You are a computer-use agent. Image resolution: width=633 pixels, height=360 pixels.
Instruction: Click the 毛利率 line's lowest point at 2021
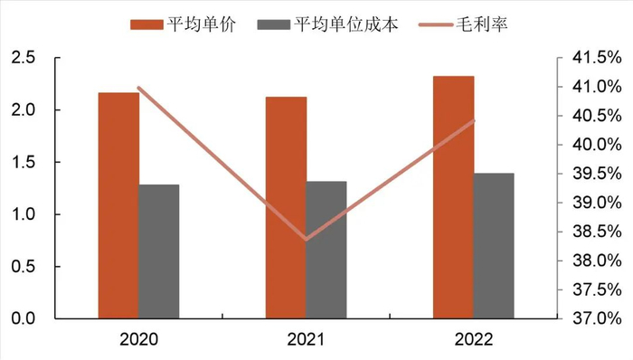point(306,240)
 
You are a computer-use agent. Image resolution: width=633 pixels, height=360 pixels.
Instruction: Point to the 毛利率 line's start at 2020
point(138,88)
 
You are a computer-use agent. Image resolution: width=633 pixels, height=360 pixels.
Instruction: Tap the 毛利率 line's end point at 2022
point(473,121)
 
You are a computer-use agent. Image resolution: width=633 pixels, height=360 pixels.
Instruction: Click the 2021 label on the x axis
point(306,340)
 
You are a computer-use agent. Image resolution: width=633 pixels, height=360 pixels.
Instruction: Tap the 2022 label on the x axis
point(473,340)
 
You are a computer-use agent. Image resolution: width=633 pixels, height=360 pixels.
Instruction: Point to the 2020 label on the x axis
point(138,340)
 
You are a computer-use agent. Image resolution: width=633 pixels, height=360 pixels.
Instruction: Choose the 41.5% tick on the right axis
point(597,58)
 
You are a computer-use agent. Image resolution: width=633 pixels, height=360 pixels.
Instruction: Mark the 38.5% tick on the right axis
point(597,232)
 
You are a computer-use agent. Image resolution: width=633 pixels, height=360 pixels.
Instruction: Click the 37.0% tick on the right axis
point(597,318)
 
